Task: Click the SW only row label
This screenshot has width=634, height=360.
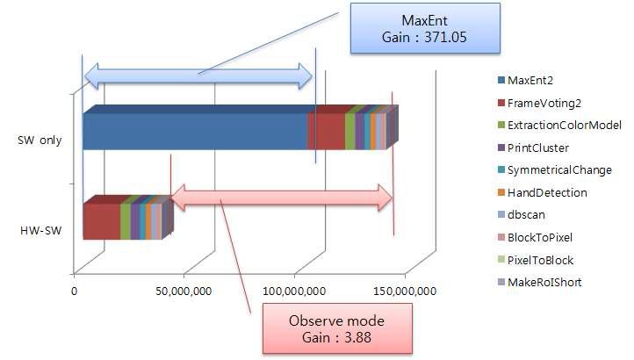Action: point(39,141)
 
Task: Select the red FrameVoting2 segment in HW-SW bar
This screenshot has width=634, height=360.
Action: point(101,221)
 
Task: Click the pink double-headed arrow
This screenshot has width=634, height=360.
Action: point(281,198)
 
